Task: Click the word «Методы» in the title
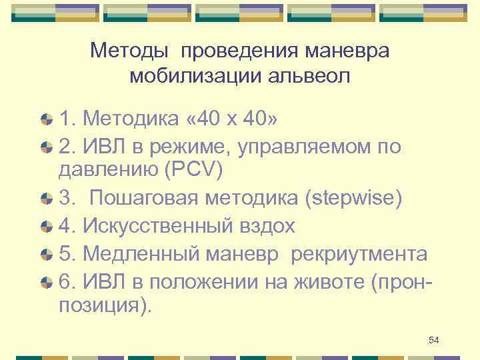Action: [x=129, y=51]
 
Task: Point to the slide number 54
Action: [x=434, y=340]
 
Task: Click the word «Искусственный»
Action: [x=157, y=226]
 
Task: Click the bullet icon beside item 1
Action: [x=46, y=120]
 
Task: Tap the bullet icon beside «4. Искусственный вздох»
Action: [x=46, y=227]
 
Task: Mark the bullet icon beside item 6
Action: [x=46, y=283]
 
